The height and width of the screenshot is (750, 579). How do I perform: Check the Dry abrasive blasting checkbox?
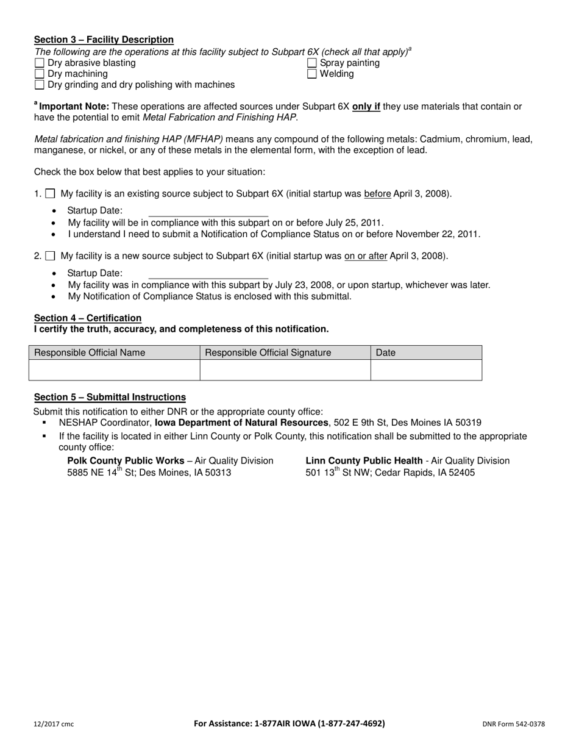click(40, 63)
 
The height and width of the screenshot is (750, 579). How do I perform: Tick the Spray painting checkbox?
click(312, 63)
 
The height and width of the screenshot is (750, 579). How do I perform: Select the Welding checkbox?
click(312, 74)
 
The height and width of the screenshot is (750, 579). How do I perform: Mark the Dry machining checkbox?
click(40, 74)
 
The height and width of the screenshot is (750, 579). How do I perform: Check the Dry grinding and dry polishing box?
click(40, 85)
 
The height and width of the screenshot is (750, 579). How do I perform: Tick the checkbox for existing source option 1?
click(51, 194)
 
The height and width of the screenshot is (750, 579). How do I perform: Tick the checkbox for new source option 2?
click(51, 256)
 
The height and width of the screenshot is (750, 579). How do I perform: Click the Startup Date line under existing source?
click(208, 212)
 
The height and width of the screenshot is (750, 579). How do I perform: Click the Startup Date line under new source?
click(208, 274)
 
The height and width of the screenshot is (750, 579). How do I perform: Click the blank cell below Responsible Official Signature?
click(285, 370)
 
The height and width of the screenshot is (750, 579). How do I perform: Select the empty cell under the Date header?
click(426, 370)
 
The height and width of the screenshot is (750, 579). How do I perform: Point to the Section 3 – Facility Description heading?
click(104, 40)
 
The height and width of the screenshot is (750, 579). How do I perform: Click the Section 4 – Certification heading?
click(88, 318)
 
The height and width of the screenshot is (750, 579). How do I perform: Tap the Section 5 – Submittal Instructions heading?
click(110, 397)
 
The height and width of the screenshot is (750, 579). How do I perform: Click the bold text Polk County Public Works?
click(126, 460)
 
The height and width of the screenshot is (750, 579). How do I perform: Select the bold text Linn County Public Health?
click(364, 460)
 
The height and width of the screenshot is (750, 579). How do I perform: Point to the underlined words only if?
click(366, 106)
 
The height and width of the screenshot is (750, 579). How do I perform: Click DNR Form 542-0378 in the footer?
click(513, 724)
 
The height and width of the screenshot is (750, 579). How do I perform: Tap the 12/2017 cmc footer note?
click(54, 724)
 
